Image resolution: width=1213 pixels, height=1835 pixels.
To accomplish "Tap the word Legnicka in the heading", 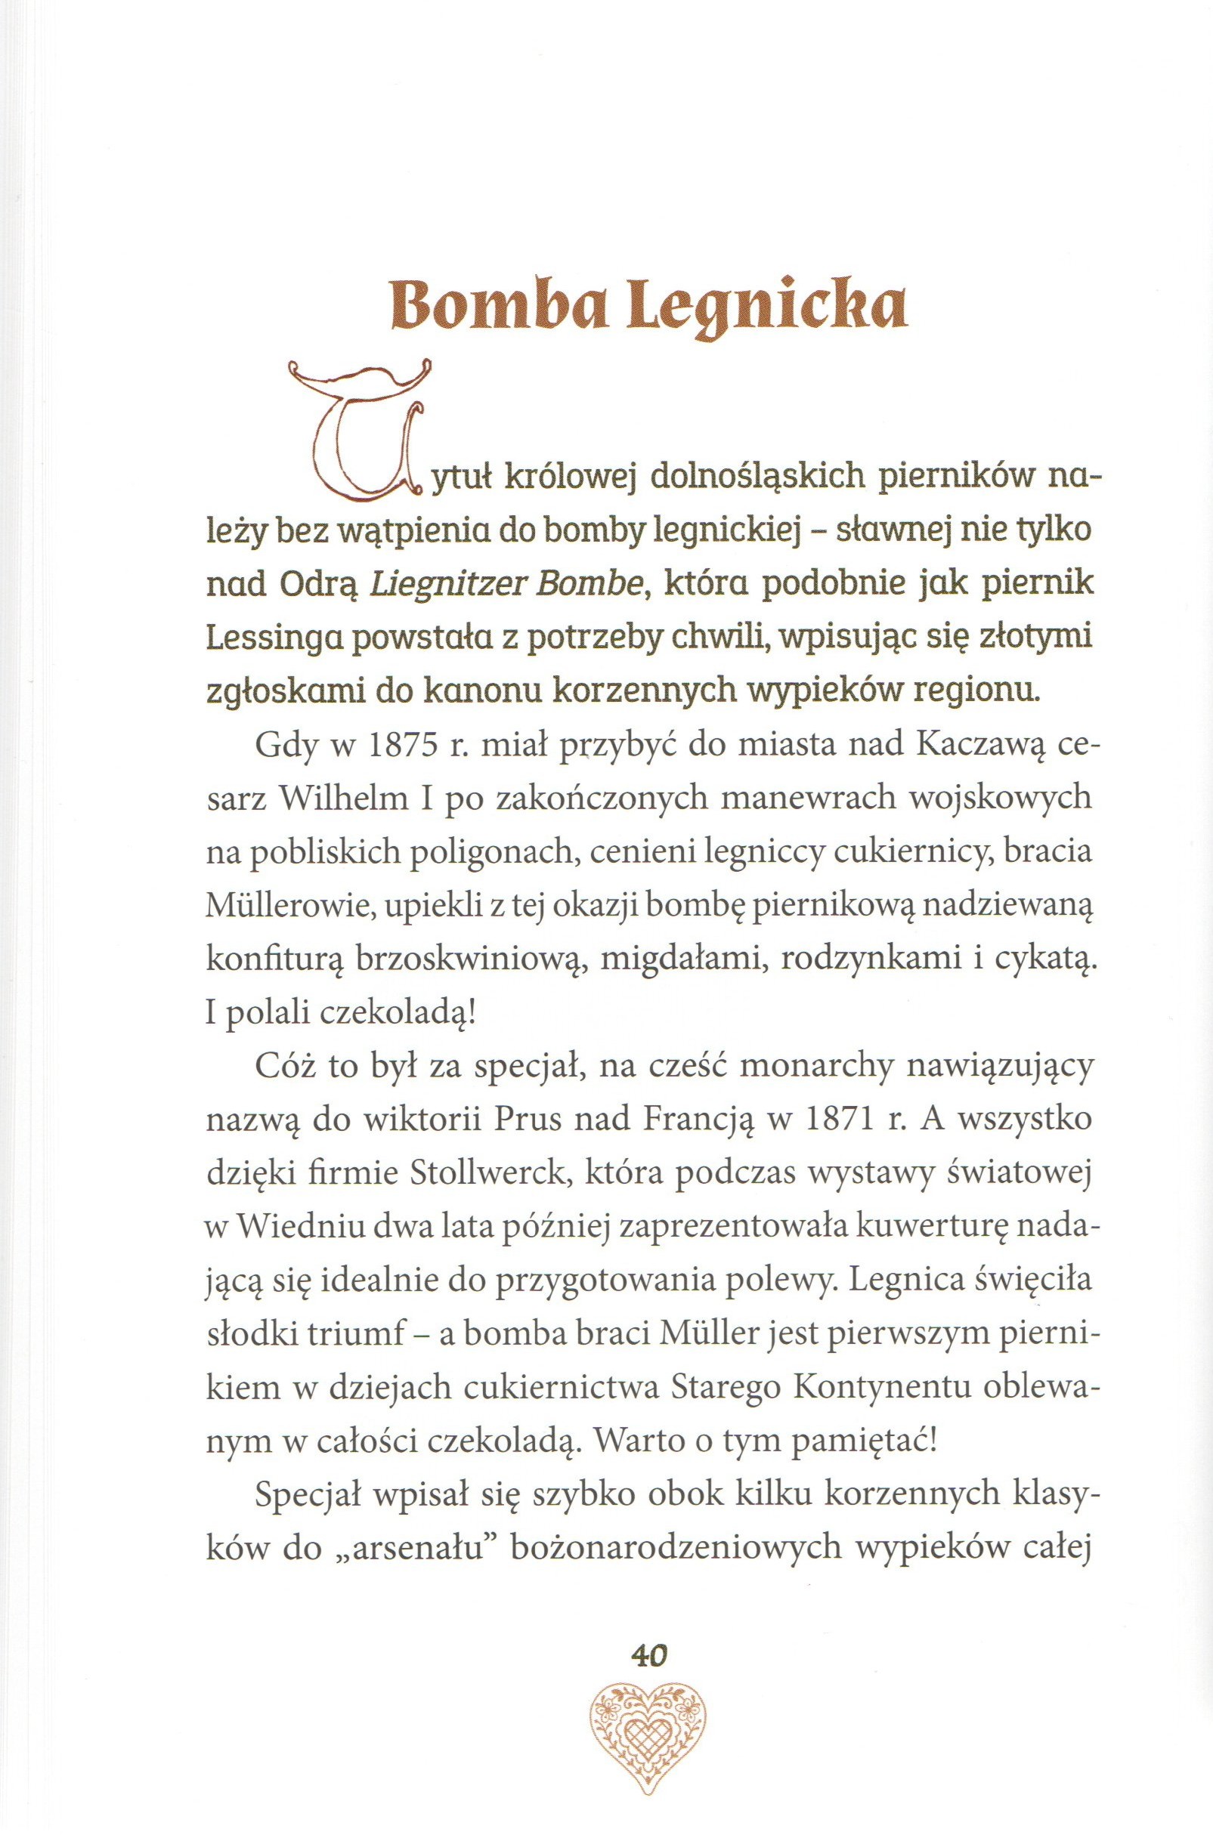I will pos(768,307).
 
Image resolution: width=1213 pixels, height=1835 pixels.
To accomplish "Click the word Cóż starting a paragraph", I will pos(283,1069).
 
